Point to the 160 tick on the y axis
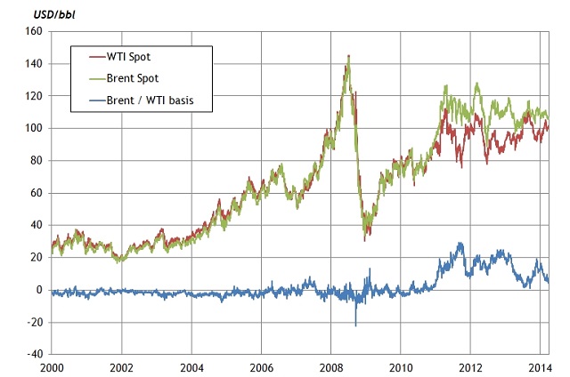coord(33,31)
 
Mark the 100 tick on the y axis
coord(33,128)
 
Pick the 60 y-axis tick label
coord(36,193)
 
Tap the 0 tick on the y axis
coord(39,290)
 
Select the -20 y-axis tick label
coord(34,322)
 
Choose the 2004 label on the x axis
coord(191,366)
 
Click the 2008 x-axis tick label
coord(330,366)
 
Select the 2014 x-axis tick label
coord(539,366)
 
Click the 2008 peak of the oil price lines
coord(348,56)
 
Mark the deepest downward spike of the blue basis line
coord(355,325)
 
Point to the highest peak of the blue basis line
coord(460,243)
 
